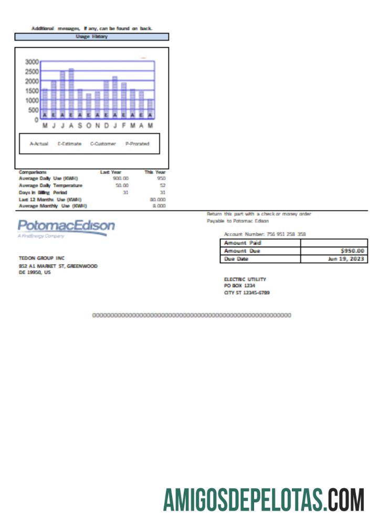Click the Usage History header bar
[92, 37]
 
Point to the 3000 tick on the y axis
[32, 61]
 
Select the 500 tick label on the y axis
[33, 110]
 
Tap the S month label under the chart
[80, 126]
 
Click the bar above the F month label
[124, 100]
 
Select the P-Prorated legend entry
[137, 144]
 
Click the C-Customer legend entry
[103, 144]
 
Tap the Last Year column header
[111, 172]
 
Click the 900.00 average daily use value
[121, 178]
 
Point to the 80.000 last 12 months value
[158, 199]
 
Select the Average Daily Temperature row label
[50, 185]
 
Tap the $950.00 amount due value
[352, 251]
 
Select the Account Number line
[265, 234]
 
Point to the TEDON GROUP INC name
[41, 258]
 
